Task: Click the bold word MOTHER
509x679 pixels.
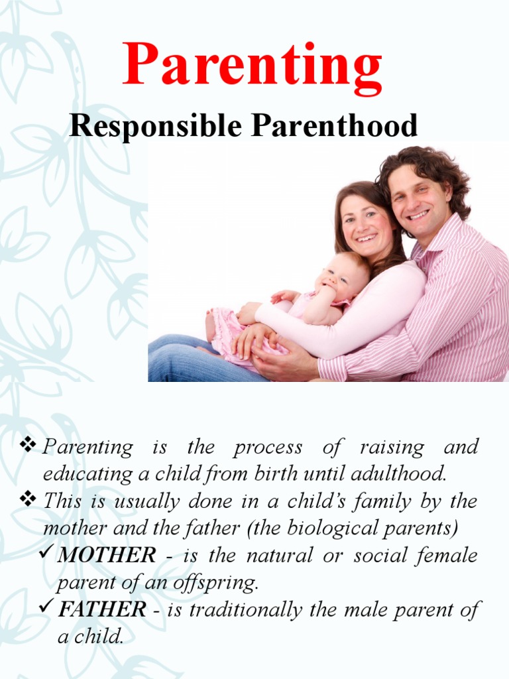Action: tap(107, 555)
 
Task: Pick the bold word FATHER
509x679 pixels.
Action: tap(102, 609)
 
